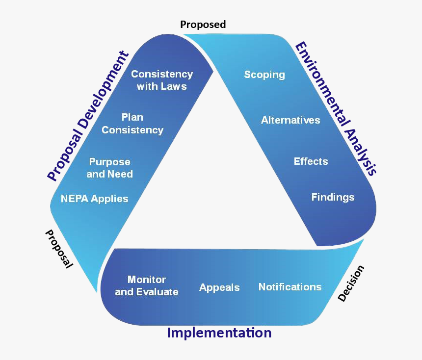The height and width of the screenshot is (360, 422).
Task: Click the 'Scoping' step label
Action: tap(264, 75)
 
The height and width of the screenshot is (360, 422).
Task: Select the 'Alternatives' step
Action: tap(290, 120)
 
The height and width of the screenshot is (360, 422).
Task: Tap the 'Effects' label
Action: tap(311, 161)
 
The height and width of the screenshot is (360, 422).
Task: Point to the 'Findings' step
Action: tap(333, 197)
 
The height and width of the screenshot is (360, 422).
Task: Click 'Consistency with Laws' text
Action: tap(161, 80)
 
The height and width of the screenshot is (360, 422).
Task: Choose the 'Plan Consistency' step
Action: tap(132, 124)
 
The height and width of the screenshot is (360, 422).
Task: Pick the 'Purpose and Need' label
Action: tap(109, 168)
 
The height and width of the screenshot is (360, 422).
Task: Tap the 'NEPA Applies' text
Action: tap(94, 199)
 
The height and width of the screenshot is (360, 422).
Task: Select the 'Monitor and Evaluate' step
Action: tap(146, 285)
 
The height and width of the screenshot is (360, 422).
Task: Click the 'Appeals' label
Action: tap(219, 288)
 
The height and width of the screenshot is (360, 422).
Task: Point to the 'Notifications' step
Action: tap(290, 287)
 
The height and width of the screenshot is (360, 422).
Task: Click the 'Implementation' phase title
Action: tap(219, 333)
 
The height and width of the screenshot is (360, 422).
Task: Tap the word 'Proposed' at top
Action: tap(203, 24)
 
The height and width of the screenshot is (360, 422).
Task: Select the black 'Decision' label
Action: tap(351, 283)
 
